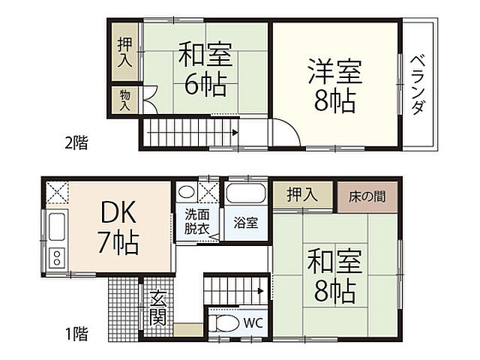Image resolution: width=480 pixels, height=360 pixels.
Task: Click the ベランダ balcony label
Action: point(418,84)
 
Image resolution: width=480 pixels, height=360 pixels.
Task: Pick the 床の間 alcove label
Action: point(367,197)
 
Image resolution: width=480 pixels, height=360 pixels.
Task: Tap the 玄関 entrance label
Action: point(157,307)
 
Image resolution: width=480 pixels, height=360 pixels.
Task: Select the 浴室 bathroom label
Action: point(244,222)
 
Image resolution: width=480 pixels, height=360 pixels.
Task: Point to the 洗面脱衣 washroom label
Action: point(198,223)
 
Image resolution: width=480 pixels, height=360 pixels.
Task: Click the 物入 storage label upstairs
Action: point(124,100)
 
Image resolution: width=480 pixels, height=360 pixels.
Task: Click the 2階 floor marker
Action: point(75,142)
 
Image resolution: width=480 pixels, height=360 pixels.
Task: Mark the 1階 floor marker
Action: point(75,334)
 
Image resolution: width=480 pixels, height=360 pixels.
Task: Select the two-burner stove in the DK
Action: point(57,258)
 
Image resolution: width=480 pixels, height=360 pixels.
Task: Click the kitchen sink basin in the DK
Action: point(57,225)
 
